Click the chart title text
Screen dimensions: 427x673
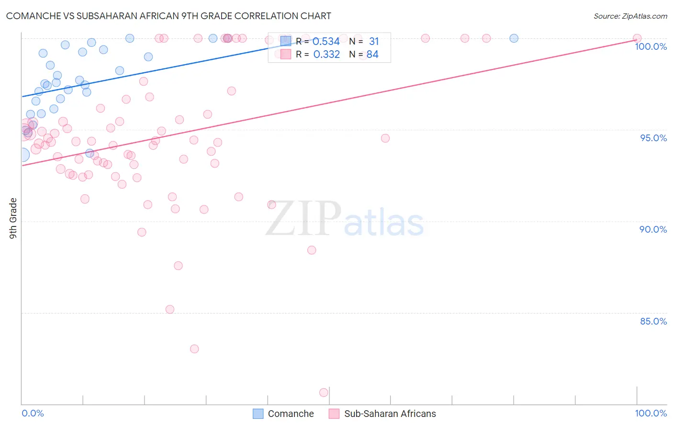point(168,16)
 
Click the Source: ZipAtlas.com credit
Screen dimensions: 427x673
point(630,16)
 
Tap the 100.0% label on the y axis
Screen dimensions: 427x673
point(651,46)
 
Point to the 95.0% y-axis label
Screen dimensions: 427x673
point(653,138)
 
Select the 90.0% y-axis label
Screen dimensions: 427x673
point(653,229)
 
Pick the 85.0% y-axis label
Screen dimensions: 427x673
point(653,321)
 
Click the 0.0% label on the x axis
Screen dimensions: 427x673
point(33,414)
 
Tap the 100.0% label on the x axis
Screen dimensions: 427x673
point(651,414)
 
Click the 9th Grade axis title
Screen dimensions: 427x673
point(13,218)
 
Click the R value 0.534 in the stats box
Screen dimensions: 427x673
point(326,42)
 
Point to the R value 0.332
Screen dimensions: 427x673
point(326,55)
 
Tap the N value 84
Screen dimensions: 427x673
point(372,55)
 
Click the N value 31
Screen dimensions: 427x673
point(373,42)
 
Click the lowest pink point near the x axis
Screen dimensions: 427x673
point(324,393)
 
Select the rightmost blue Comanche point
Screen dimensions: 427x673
point(514,38)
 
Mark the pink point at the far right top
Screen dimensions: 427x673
point(637,38)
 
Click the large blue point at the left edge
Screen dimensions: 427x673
point(22,155)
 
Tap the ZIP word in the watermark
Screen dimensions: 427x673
point(303,219)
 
